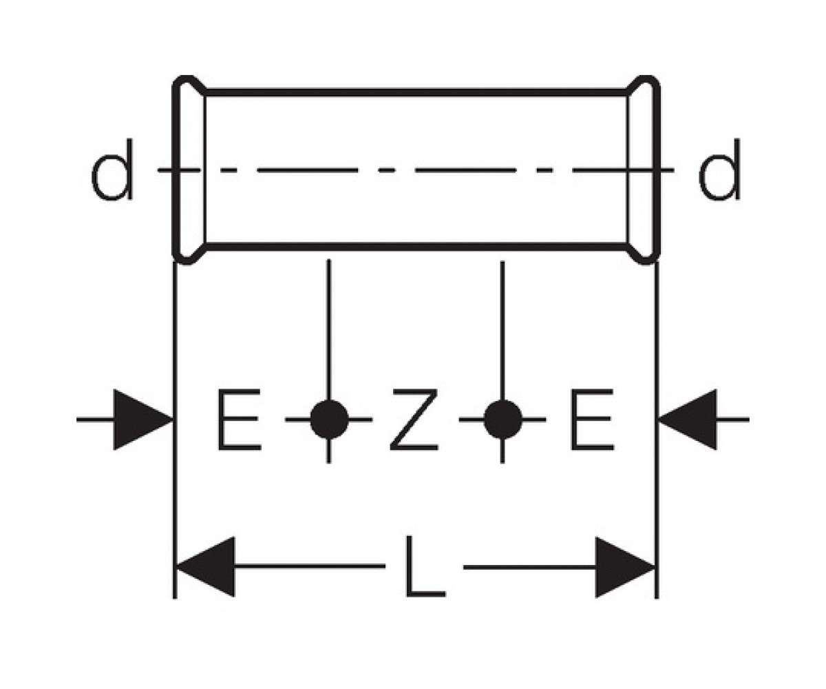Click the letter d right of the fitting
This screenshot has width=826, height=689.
(719, 170)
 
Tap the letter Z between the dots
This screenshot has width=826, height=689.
(414, 420)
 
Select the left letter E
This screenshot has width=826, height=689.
(240, 420)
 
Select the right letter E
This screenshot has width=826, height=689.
(592, 420)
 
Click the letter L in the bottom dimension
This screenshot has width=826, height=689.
(425, 566)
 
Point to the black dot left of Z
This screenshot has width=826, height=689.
(329, 420)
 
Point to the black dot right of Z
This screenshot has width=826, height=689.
(502, 420)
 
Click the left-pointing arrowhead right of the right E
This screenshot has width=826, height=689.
(688, 420)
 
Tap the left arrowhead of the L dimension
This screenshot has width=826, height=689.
(205, 566)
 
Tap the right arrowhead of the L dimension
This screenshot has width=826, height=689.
(625, 567)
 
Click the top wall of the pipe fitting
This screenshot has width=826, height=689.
(416, 92)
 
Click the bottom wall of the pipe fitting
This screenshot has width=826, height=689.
(416, 247)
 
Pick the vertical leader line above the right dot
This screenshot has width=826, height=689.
(502, 330)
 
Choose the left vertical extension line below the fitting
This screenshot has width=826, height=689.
(175, 430)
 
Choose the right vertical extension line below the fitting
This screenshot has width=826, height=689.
(657, 430)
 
